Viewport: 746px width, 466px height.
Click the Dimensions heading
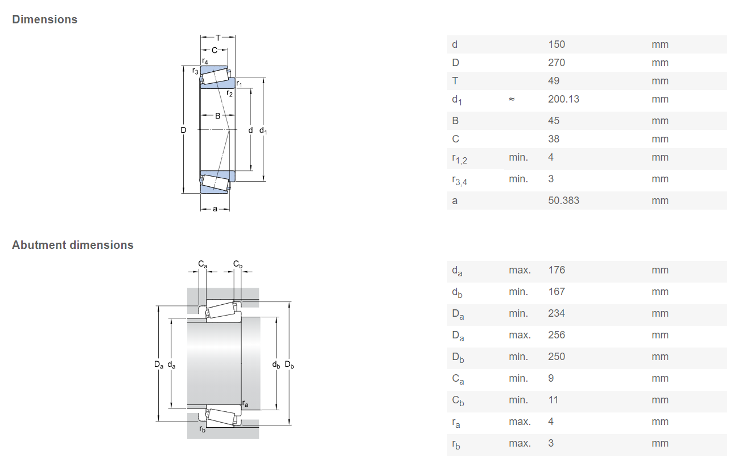coord(44,19)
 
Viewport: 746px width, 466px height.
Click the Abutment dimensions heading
coord(73,245)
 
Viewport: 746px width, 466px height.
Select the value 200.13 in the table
coord(563,99)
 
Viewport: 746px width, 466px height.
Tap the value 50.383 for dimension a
coord(563,201)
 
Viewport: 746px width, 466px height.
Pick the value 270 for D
coord(557,62)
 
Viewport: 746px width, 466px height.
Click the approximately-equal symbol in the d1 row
coord(512,99)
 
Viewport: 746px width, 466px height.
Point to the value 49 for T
coord(554,81)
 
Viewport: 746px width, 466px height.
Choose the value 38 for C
coord(554,138)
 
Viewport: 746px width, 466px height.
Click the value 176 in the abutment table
coord(557,269)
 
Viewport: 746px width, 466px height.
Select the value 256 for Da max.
coord(557,334)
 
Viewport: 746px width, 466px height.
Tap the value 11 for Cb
coord(553,400)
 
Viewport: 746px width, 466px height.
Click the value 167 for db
coord(557,291)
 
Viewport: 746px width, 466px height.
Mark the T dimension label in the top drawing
coord(218,38)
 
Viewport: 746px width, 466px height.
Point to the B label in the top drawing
coord(217,116)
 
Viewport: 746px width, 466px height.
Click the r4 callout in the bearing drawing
coord(205,61)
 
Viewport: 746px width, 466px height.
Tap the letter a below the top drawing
coord(215,209)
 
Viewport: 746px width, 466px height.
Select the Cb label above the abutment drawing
coord(238,264)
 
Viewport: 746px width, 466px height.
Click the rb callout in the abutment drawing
coord(202,428)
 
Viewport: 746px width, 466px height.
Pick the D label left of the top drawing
coord(183,130)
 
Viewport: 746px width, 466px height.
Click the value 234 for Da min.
coord(557,313)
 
